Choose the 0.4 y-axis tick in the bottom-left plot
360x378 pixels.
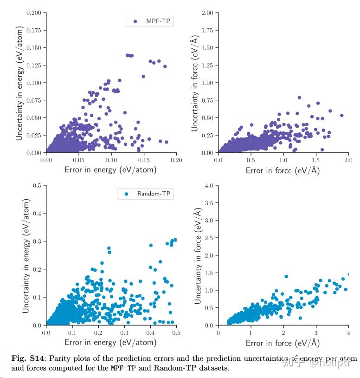(37, 214)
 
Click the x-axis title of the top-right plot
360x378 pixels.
(283, 170)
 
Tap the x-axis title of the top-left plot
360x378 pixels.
(110, 170)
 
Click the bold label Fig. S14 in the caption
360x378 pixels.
(28, 358)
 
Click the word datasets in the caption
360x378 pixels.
(214, 368)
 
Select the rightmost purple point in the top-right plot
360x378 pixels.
(342, 115)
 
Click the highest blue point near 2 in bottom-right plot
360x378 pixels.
(286, 276)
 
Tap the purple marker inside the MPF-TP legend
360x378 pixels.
(135, 21)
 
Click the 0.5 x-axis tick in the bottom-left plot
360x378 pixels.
(176, 332)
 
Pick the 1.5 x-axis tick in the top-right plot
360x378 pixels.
(315, 160)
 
